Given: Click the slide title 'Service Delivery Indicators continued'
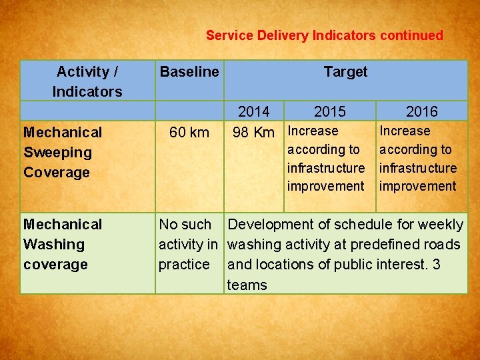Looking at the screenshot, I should (x=324, y=35).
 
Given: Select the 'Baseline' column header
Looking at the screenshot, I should (x=189, y=71).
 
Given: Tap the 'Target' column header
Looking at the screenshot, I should (x=345, y=71).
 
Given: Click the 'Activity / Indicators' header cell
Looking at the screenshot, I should (x=87, y=81).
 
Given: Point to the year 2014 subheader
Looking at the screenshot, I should (x=254, y=111).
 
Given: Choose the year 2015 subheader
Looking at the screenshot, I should (x=330, y=111).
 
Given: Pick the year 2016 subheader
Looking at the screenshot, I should (x=422, y=111).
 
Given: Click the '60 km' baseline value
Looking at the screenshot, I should (x=189, y=132).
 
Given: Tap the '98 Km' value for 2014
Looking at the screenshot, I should (x=253, y=132).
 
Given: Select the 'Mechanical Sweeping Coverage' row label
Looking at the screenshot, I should (x=63, y=152).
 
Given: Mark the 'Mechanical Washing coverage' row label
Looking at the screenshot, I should (x=63, y=244).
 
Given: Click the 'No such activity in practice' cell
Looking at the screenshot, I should (x=189, y=244).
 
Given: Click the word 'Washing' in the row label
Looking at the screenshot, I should (x=54, y=244).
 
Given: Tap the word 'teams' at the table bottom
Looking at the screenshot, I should (x=247, y=285).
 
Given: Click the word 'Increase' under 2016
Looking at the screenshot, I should (x=405, y=131).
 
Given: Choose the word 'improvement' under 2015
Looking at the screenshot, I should (x=326, y=186).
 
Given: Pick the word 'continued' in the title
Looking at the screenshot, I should (x=411, y=35).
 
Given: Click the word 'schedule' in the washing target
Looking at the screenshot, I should (x=347, y=224).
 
